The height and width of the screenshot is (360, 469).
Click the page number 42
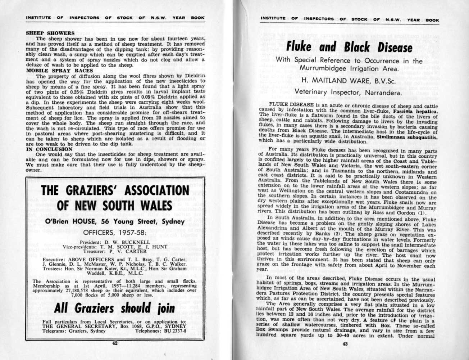pos(115,343)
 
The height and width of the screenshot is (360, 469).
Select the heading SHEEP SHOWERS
pos(50,33)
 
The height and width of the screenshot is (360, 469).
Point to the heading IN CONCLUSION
pos(50,149)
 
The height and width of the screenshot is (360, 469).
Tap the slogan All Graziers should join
pos(115,308)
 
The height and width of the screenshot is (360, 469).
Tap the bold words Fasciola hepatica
pos(415,112)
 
